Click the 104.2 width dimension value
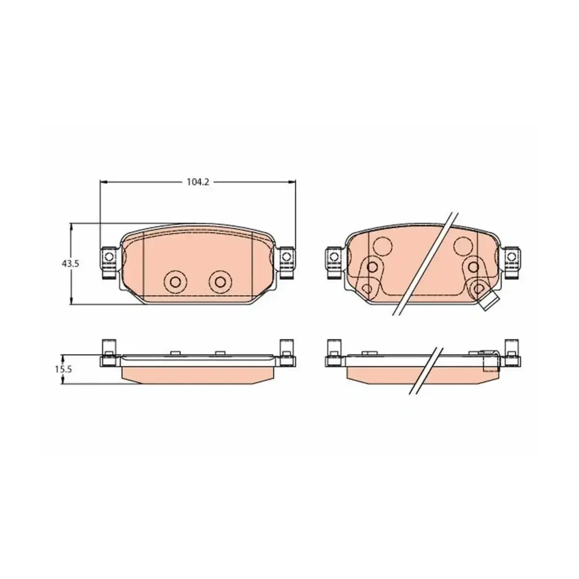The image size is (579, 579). pos(198,182)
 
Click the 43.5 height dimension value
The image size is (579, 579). pos(70,264)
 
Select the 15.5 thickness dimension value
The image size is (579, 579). pos(63,369)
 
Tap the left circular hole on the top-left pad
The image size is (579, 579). pos(175,281)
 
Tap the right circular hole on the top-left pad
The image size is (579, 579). pos(220,281)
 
